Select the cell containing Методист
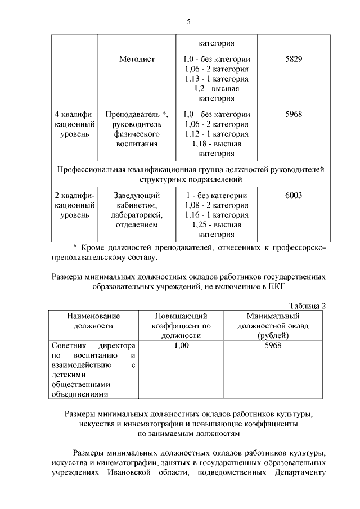tap(137, 58)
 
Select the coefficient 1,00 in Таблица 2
tap(181, 345)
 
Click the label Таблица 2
tap(307, 305)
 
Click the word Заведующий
tap(137, 195)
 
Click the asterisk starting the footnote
tap(76, 248)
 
